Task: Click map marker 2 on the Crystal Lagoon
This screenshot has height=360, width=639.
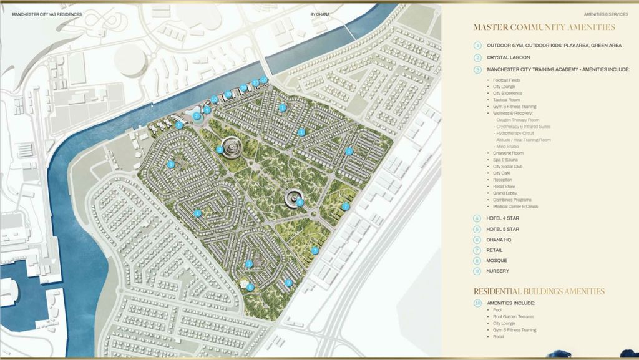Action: pos(197,115)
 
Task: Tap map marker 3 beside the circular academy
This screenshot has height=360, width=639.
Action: pos(220,150)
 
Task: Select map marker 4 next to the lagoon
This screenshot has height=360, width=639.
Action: pos(207,110)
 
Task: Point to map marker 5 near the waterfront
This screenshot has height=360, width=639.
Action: pos(179,125)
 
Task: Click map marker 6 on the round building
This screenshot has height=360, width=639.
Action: pos(300,202)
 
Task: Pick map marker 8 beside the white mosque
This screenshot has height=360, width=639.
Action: pos(250,287)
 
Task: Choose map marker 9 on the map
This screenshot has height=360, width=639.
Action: pos(288,283)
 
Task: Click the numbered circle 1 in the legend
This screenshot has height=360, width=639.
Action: pos(477,46)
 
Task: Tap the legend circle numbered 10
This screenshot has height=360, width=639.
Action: pos(477,303)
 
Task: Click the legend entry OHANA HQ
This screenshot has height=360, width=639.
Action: pos(501,240)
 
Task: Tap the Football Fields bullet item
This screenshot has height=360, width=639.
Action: pos(506,80)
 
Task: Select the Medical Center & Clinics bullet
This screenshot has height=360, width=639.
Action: pos(515,206)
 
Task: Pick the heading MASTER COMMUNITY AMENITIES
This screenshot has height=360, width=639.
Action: pos(544,27)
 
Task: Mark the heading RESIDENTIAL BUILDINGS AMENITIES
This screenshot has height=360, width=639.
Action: pos(539,291)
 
